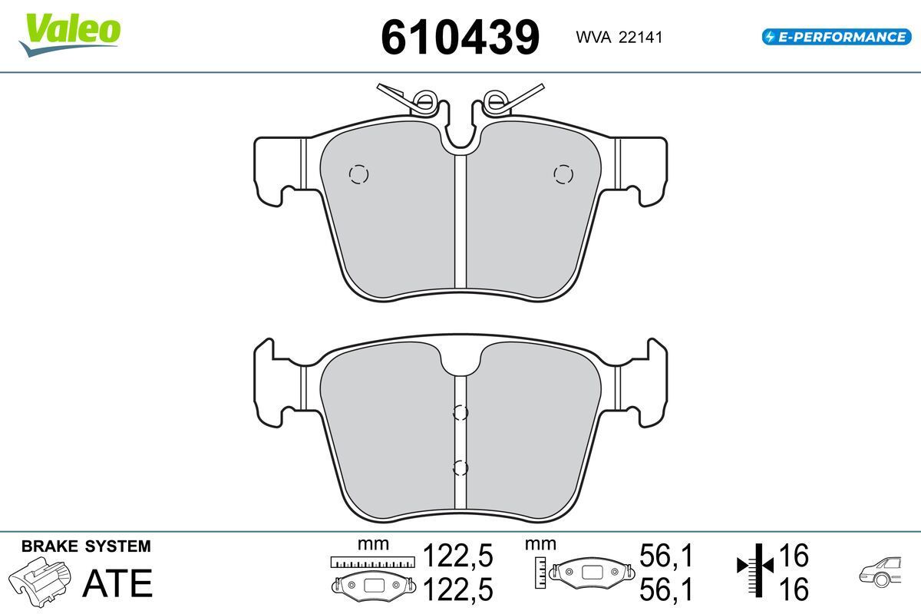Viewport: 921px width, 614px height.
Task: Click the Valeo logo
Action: pos(70,35)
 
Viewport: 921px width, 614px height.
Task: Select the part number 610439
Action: pos(460,38)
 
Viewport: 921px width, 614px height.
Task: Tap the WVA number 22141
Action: pos(640,38)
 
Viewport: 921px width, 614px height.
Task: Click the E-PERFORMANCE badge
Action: pos(837,37)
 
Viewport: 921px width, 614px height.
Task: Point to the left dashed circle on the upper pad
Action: pos(358,174)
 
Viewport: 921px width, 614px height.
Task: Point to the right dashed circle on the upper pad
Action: pos(563,174)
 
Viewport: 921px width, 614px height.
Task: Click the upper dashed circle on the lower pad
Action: pos(460,412)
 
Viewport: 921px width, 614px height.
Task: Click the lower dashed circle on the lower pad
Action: pos(460,467)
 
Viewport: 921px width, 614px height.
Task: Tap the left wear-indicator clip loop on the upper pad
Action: pos(424,100)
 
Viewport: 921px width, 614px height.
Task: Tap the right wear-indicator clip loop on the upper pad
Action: pos(497,100)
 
